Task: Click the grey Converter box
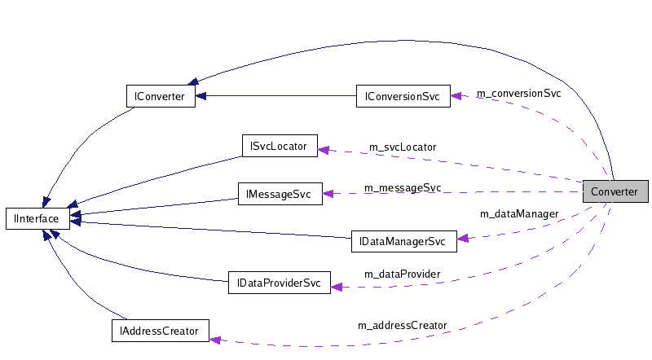click(x=615, y=191)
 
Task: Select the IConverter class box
click(x=160, y=96)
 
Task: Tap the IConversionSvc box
click(x=403, y=96)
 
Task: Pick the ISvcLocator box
click(x=279, y=147)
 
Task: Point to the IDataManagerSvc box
click(x=403, y=242)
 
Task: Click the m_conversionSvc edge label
click(x=518, y=93)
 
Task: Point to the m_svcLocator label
click(x=403, y=147)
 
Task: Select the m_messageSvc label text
click(x=403, y=188)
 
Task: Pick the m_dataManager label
click(x=519, y=214)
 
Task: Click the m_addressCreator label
click(x=403, y=325)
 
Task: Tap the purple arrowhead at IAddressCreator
click(x=215, y=338)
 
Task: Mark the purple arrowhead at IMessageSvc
click(x=328, y=194)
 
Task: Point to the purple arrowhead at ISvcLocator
click(x=323, y=149)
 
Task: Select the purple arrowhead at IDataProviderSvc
click(x=336, y=286)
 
